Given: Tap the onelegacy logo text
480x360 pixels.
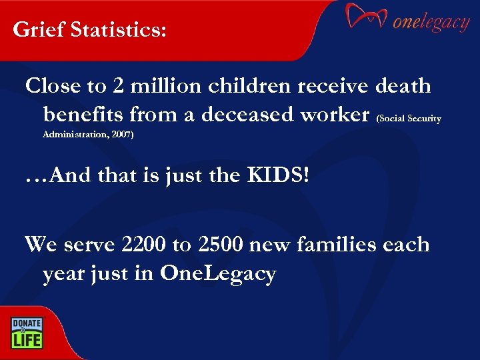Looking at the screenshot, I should tap(431, 23).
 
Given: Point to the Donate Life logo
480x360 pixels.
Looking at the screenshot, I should tap(26, 332).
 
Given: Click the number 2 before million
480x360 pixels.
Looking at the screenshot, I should tap(120, 86).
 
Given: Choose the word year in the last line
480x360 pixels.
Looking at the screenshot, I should tap(63, 274).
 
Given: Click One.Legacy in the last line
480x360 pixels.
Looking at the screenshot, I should tap(218, 274).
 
